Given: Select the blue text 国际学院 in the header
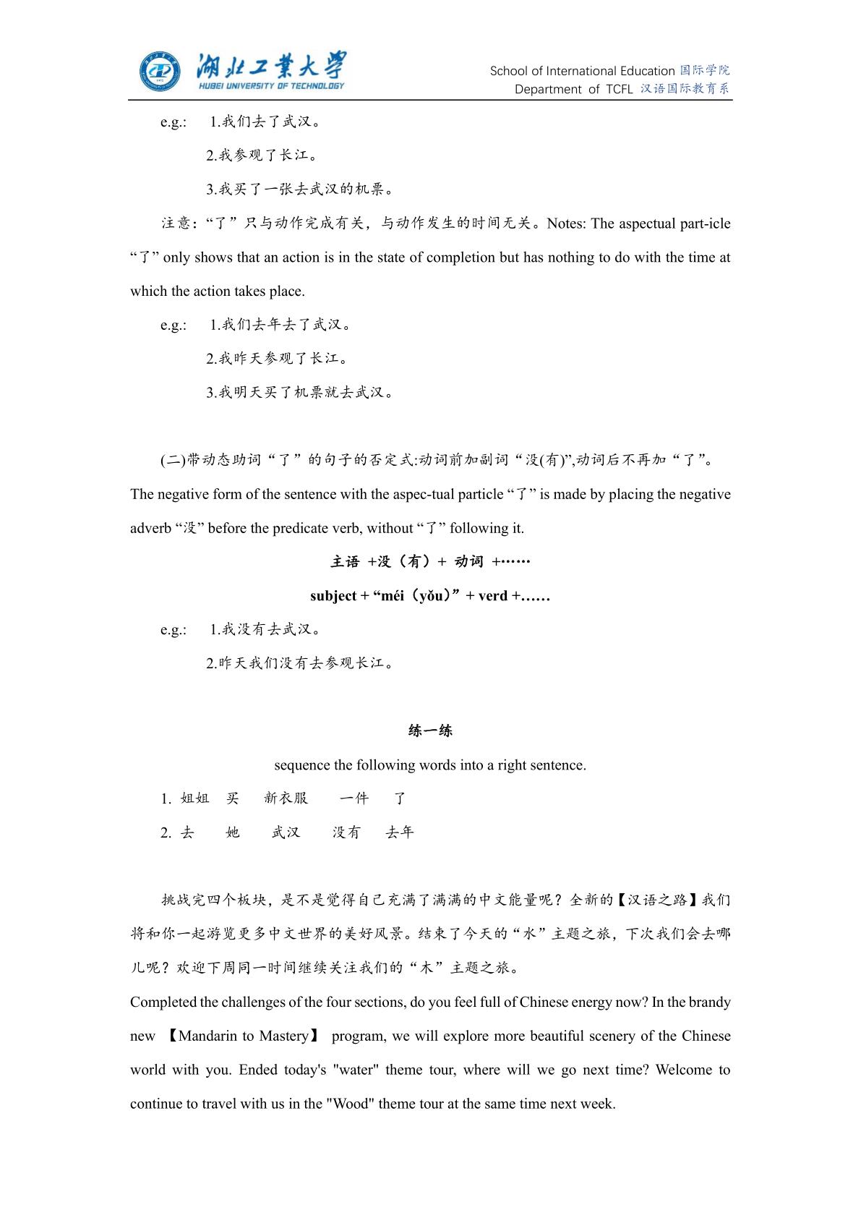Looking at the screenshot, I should [705, 71].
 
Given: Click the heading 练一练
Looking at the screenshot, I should [430, 731].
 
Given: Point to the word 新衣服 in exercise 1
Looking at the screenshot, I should [286, 798].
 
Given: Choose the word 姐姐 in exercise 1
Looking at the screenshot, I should [194, 798].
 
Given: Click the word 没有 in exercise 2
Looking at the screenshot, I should [346, 832].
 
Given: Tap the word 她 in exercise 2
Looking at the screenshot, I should [232, 832].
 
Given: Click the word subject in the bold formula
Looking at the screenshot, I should [333, 596].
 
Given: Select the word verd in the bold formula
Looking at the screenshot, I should [493, 596].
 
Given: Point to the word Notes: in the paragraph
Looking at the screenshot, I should [567, 223].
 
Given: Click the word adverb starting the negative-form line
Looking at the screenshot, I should [150, 529].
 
